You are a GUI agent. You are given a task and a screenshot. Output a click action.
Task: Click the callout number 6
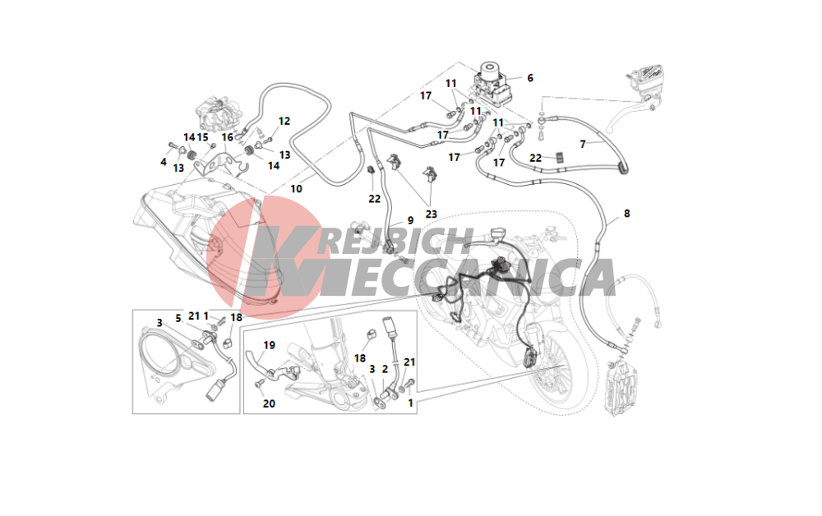pyautogui.click(x=530, y=78)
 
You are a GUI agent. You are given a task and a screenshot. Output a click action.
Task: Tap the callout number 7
pyautogui.click(x=583, y=144)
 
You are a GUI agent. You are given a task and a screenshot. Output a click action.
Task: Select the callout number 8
pyautogui.click(x=627, y=214)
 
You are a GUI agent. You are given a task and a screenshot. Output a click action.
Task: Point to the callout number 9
pyautogui.click(x=410, y=221)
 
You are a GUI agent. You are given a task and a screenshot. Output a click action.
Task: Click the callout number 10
pyautogui.click(x=296, y=189)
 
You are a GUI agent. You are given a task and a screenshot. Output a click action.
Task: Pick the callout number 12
pyautogui.click(x=284, y=121)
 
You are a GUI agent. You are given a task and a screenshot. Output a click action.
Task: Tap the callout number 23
pyautogui.click(x=431, y=214)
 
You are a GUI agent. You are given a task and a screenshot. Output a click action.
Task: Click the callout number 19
pyautogui.click(x=269, y=345)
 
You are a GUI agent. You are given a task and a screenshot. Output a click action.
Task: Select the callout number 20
pyautogui.click(x=269, y=403)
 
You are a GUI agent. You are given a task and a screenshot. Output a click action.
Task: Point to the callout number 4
pyautogui.click(x=164, y=163)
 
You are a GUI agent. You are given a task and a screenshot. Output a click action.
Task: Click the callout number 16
pyautogui.click(x=227, y=137)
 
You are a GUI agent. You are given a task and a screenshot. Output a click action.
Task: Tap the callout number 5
pyautogui.click(x=178, y=319)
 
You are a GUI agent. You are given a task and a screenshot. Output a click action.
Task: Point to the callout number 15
pyautogui.click(x=202, y=137)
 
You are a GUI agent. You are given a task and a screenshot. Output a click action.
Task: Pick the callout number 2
pyautogui.click(x=385, y=369)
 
